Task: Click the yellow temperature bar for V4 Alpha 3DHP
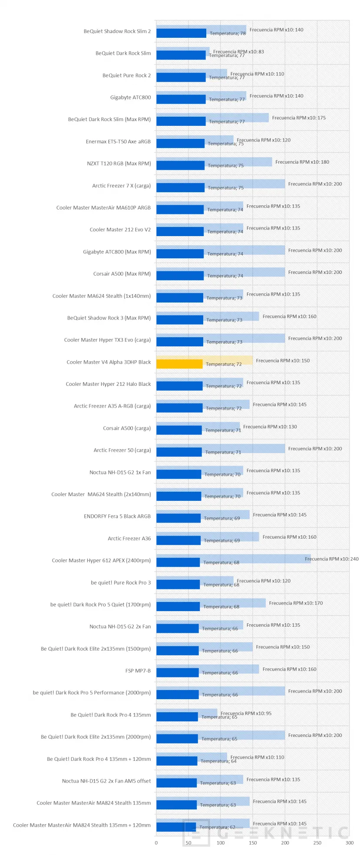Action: click(179, 364)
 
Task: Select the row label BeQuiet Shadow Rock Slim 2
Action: click(117, 31)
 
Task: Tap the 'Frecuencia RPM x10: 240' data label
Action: click(332, 559)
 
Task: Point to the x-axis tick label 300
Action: click(350, 843)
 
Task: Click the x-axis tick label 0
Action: click(156, 843)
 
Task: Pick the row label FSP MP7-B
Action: click(138, 671)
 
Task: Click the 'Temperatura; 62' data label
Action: click(218, 827)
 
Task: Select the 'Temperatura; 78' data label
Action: click(228, 33)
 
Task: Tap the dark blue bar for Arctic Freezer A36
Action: click(178, 540)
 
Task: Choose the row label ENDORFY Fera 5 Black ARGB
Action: click(117, 516)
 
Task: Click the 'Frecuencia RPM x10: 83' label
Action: click(238, 52)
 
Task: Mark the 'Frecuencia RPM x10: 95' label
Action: click(246, 713)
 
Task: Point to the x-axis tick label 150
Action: click(253, 843)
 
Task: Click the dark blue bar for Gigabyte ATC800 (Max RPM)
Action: click(180, 254)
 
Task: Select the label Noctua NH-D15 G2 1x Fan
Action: click(120, 472)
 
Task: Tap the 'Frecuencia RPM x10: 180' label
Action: click(302, 162)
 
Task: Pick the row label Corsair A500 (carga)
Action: click(127, 428)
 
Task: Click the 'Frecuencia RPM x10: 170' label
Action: click(296, 603)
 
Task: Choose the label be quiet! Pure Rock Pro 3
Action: click(121, 582)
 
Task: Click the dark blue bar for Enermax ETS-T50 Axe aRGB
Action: click(180, 144)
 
